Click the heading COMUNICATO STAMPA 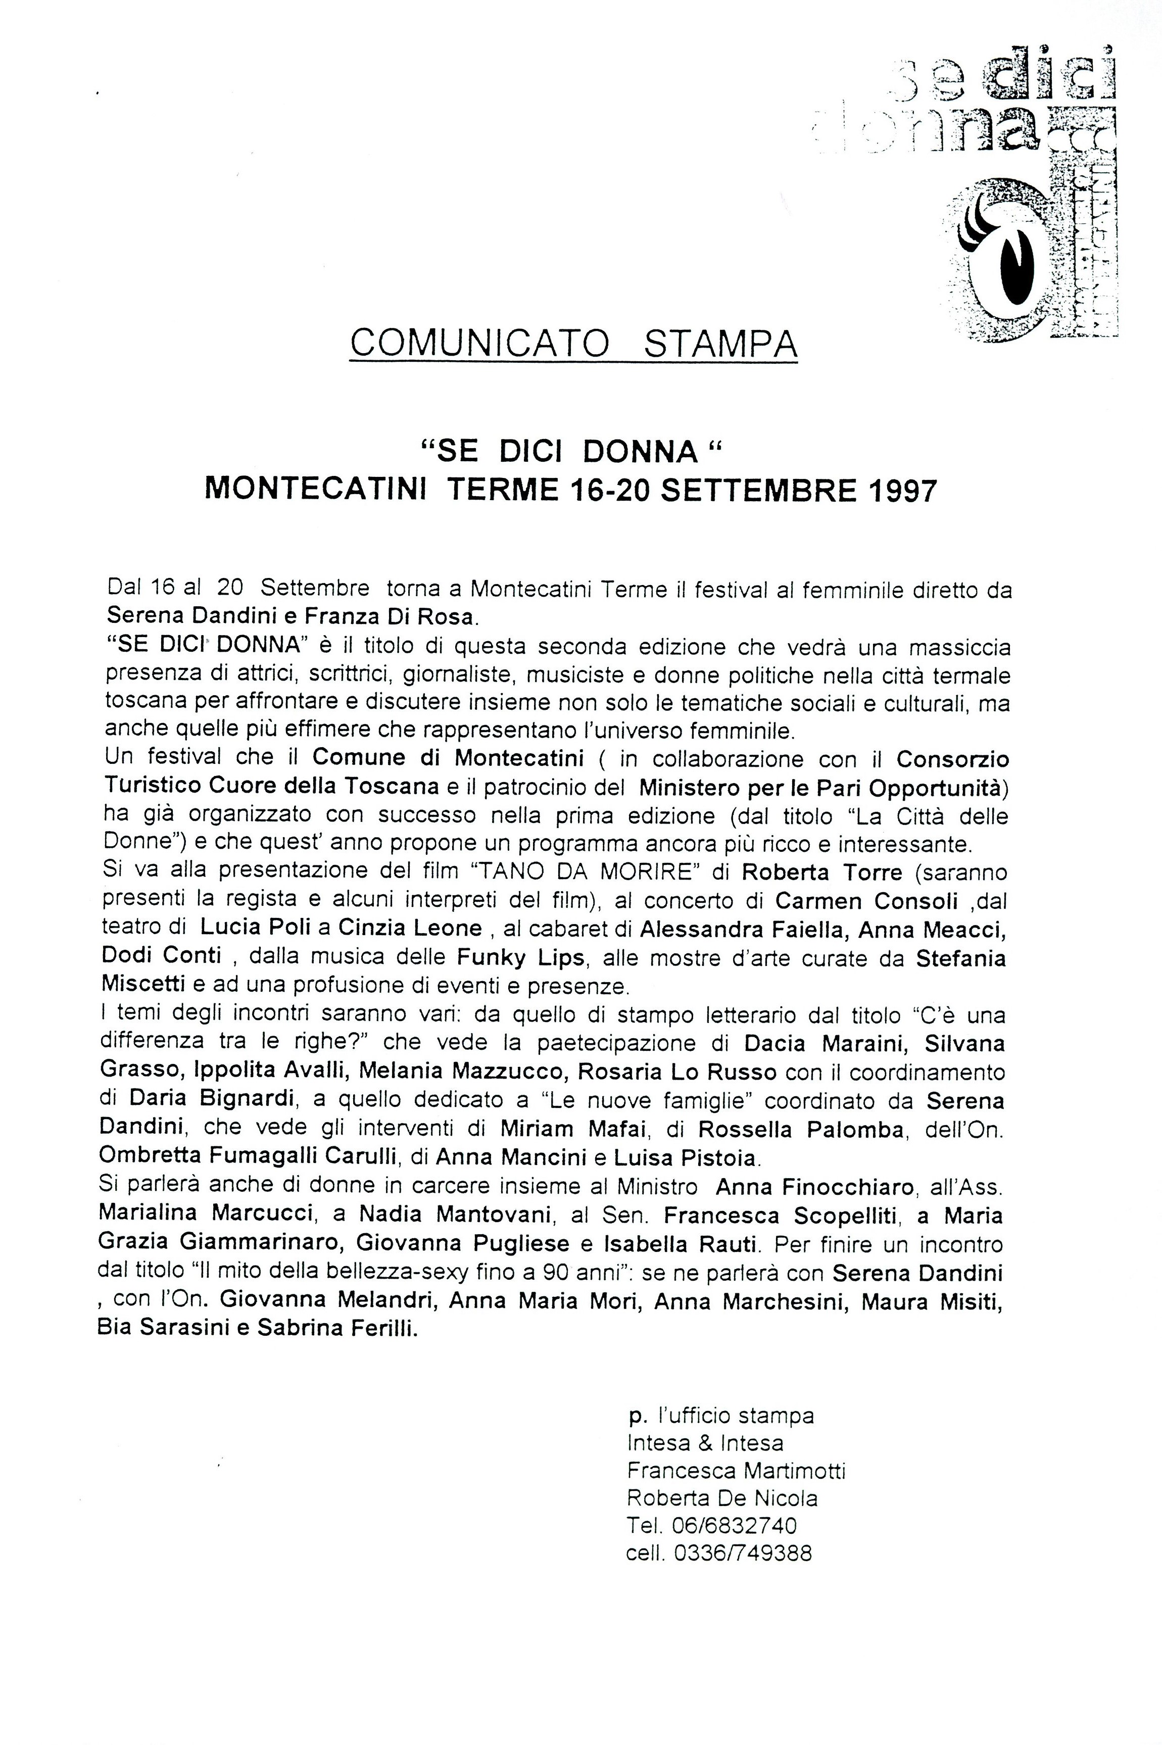[573, 343]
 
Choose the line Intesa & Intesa [705, 1443]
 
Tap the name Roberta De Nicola [722, 1498]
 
